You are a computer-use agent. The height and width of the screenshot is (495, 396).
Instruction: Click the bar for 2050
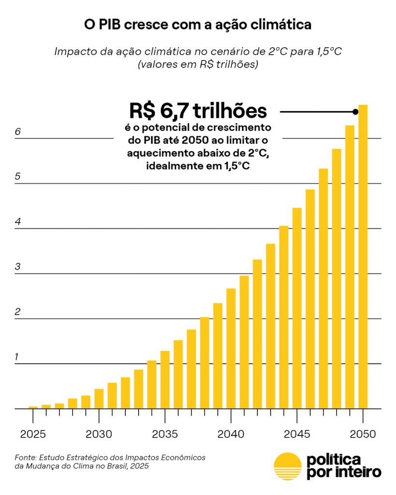point(363,257)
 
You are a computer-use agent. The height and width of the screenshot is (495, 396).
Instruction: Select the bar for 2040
point(231,348)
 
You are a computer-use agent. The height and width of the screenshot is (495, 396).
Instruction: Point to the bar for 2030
point(99,398)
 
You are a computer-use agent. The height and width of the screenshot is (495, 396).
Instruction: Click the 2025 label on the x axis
point(33,434)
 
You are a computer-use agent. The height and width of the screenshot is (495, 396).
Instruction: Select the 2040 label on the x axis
point(231,434)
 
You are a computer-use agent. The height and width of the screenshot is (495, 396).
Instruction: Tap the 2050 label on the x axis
point(363,434)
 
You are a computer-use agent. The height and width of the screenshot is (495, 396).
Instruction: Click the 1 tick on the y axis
point(17,357)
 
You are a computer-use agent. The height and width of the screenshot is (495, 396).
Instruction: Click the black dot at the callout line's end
point(355,112)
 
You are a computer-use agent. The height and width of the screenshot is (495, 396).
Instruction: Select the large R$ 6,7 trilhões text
point(198,111)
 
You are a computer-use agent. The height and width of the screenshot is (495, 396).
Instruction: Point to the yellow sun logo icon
point(287,466)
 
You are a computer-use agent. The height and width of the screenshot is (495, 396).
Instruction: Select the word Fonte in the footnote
point(25,457)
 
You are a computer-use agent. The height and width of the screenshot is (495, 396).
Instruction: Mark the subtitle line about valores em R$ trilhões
point(197,64)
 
